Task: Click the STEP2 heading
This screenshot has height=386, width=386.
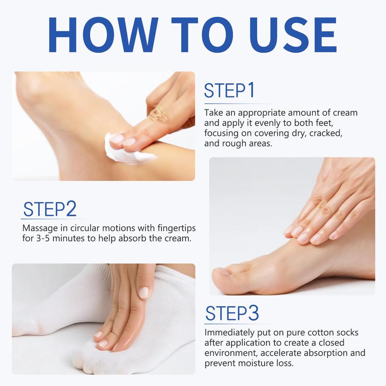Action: (49, 209)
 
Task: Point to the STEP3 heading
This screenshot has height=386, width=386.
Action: (231, 314)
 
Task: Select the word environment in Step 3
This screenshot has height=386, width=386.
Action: (231, 354)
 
